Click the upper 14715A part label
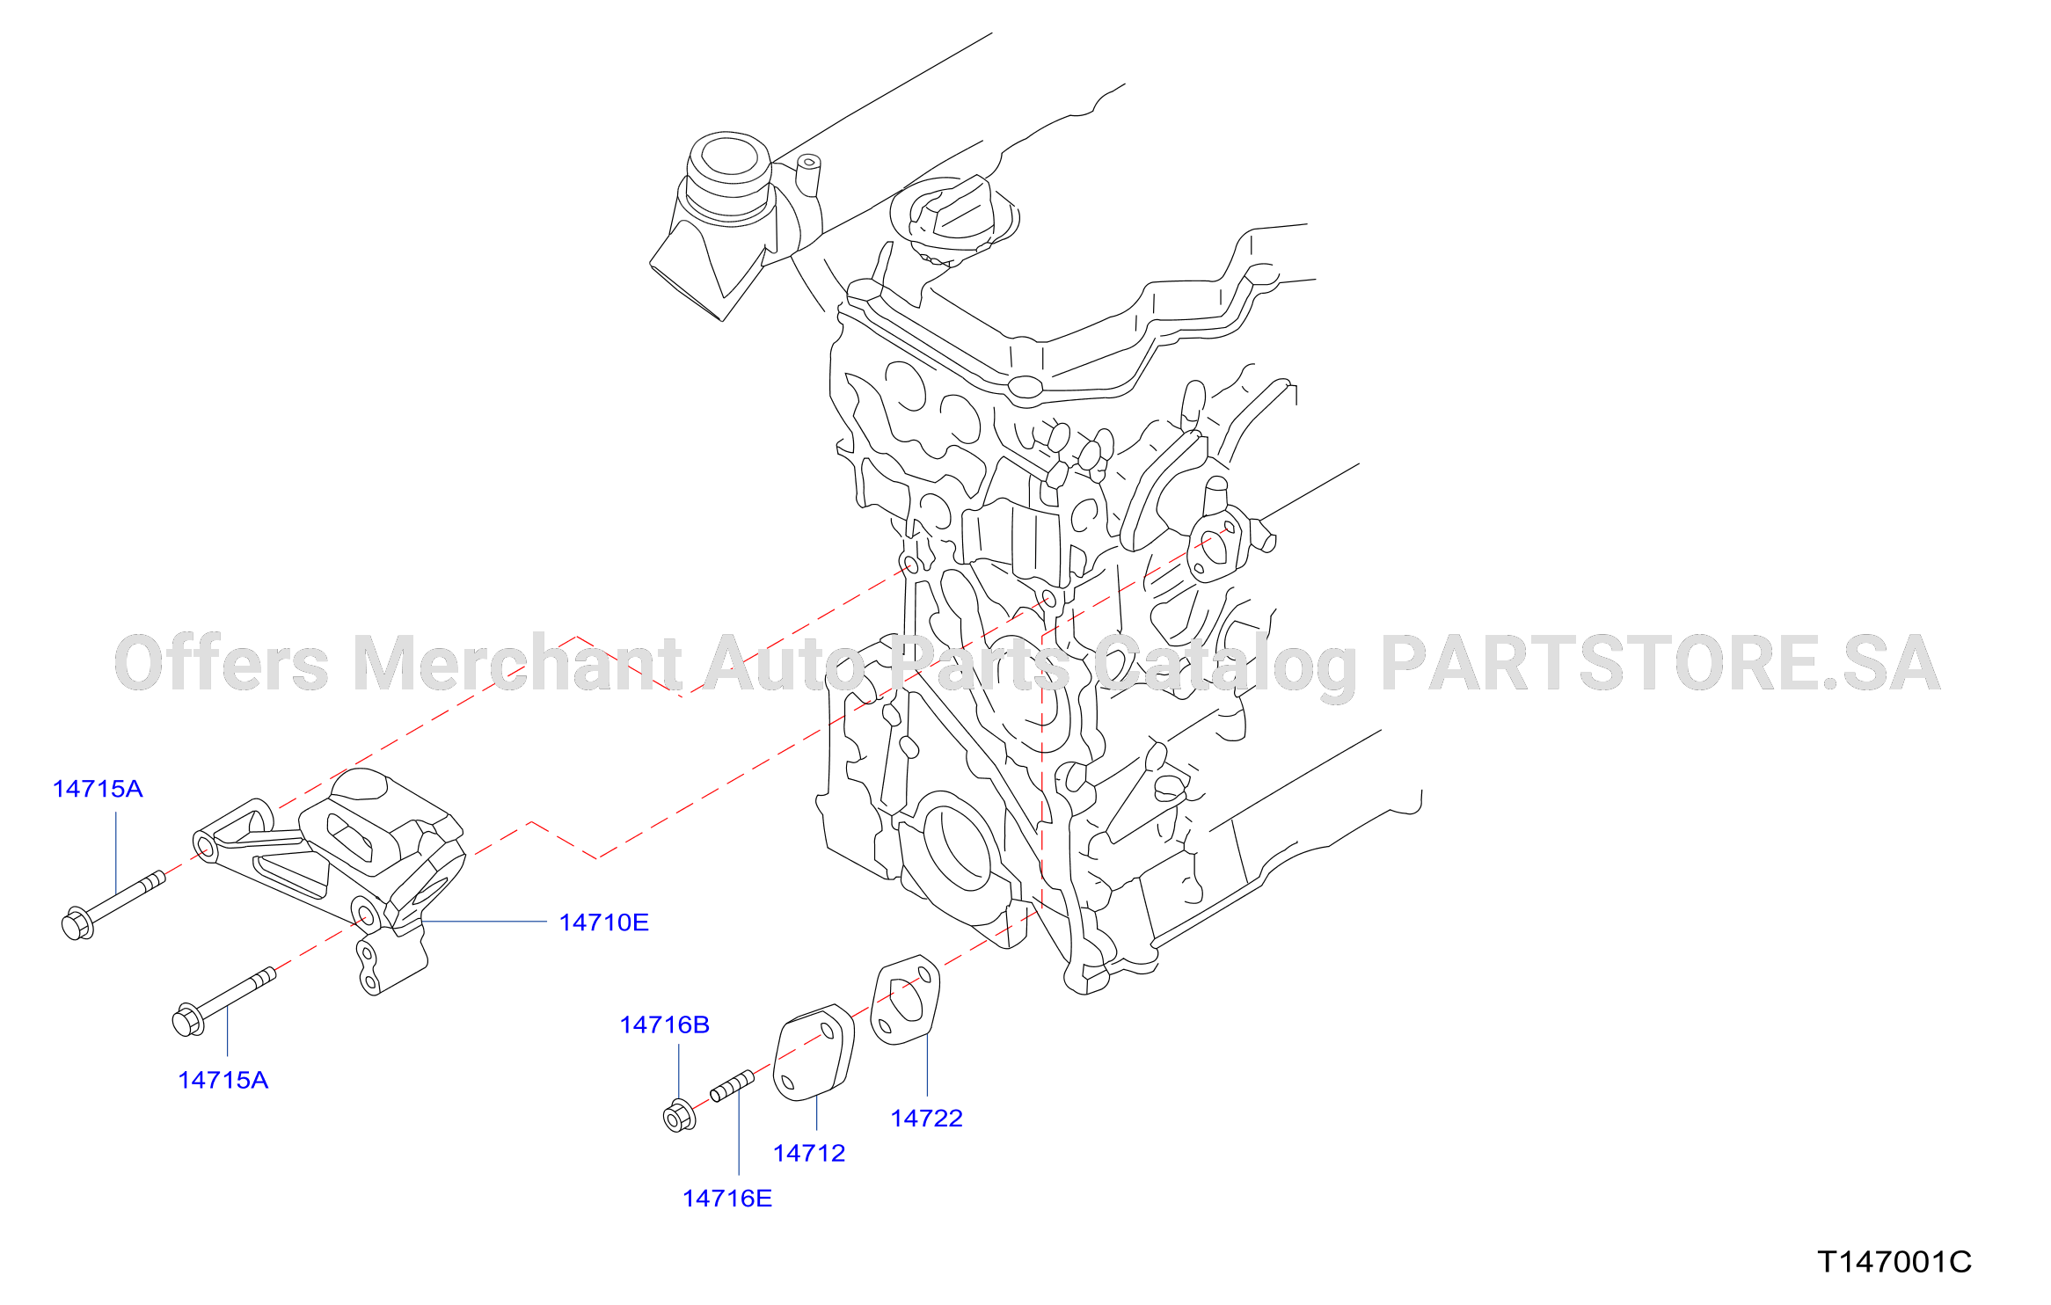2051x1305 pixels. [x=98, y=789]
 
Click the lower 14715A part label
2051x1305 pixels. [x=223, y=1080]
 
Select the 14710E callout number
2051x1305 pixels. [x=604, y=922]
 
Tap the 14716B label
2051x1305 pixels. [x=665, y=1024]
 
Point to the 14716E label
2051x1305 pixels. [x=727, y=1199]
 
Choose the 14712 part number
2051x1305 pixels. [x=809, y=1153]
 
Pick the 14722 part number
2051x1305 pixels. [x=927, y=1119]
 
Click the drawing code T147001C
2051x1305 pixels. [x=1894, y=1262]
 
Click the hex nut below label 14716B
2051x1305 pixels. [x=678, y=1116]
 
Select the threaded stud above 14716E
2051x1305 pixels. [x=733, y=1086]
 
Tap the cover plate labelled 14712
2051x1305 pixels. [x=814, y=1052]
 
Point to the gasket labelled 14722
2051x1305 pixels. [x=905, y=1000]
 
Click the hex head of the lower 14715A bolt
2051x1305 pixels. [x=188, y=1020]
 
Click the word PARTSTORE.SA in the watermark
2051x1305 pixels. [x=1661, y=664]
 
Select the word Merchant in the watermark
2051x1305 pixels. [x=518, y=664]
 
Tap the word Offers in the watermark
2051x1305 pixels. [x=222, y=664]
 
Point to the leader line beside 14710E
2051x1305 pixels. [x=485, y=922]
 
